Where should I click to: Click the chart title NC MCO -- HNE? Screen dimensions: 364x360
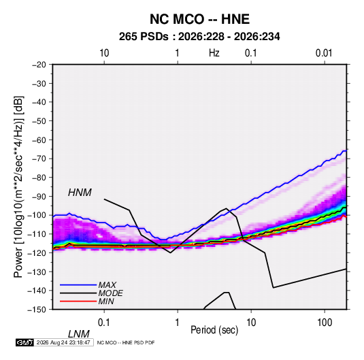coord(199,19)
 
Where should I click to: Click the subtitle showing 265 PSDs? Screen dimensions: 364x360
coord(199,37)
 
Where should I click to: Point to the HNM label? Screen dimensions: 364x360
coord(80,193)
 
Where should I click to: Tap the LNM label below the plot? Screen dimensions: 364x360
coord(79,334)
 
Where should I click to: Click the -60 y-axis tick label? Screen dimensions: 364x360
coord(39,140)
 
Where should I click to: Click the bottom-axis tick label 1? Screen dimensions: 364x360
coord(178,323)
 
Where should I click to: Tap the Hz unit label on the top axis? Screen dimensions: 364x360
coord(214,53)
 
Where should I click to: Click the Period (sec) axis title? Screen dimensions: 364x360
coord(214,330)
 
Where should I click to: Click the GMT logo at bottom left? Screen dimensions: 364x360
coord(25,342)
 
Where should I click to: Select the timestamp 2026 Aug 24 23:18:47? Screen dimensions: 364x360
coord(63,342)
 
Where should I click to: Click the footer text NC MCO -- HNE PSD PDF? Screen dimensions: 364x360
coord(126,342)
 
